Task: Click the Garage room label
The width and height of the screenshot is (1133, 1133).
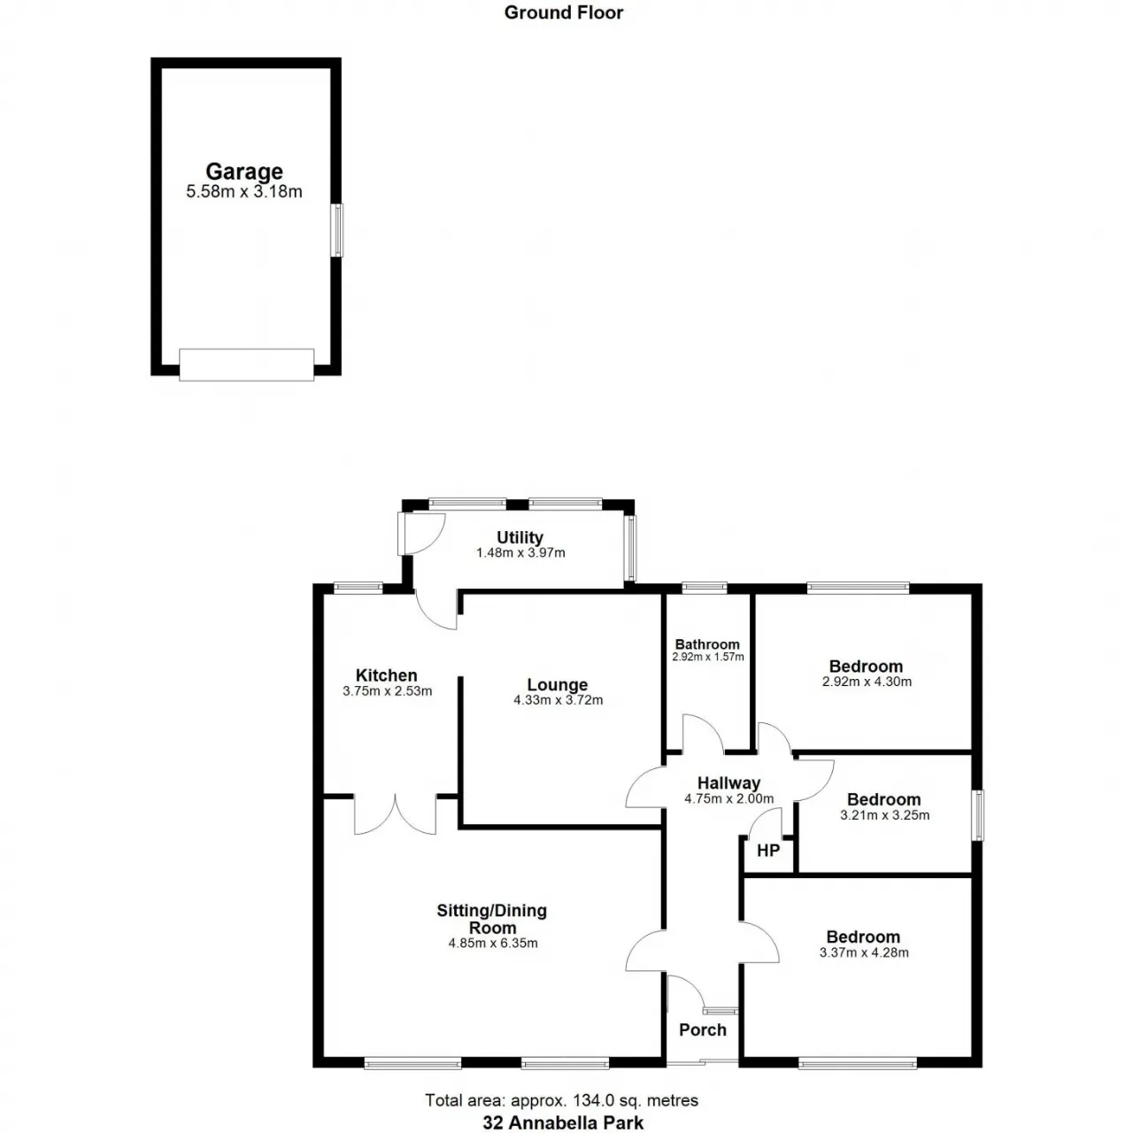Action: tap(244, 172)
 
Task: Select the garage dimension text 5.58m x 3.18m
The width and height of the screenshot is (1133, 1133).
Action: tap(244, 192)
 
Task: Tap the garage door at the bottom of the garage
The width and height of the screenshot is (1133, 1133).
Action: tap(246, 364)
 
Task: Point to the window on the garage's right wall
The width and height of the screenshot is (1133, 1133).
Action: tap(336, 231)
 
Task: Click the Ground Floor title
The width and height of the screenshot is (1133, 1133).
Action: tap(564, 12)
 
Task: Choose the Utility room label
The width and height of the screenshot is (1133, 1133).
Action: tap(520, 537)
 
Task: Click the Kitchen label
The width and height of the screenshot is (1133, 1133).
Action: tap(387, 675)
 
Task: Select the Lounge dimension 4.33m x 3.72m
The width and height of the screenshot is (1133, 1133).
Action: tap(558, 700)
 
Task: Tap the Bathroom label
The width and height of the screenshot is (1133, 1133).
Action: tap(707, 644)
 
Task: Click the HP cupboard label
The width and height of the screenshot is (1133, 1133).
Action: tap(768, 851)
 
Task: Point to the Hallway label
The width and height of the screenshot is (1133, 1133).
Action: tap(728, 783)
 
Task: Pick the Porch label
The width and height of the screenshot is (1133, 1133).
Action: tap(703, 1029)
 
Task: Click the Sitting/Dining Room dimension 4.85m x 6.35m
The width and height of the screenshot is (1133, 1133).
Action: tap(493, 944)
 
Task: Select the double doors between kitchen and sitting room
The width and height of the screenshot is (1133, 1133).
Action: tap(396, 814)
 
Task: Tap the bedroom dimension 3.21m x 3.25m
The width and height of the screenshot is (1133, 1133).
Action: tap(884, 815)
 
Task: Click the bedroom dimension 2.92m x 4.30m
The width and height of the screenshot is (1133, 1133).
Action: tap(867, 682)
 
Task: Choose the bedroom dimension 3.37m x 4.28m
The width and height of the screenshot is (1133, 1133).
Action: tap(864, 952)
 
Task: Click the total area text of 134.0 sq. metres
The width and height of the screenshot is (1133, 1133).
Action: tap(561, 1100)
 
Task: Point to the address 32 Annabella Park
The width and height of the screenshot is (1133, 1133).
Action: tap(563, 1123)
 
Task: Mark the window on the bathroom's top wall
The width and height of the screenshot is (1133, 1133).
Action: tap(705, 587)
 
